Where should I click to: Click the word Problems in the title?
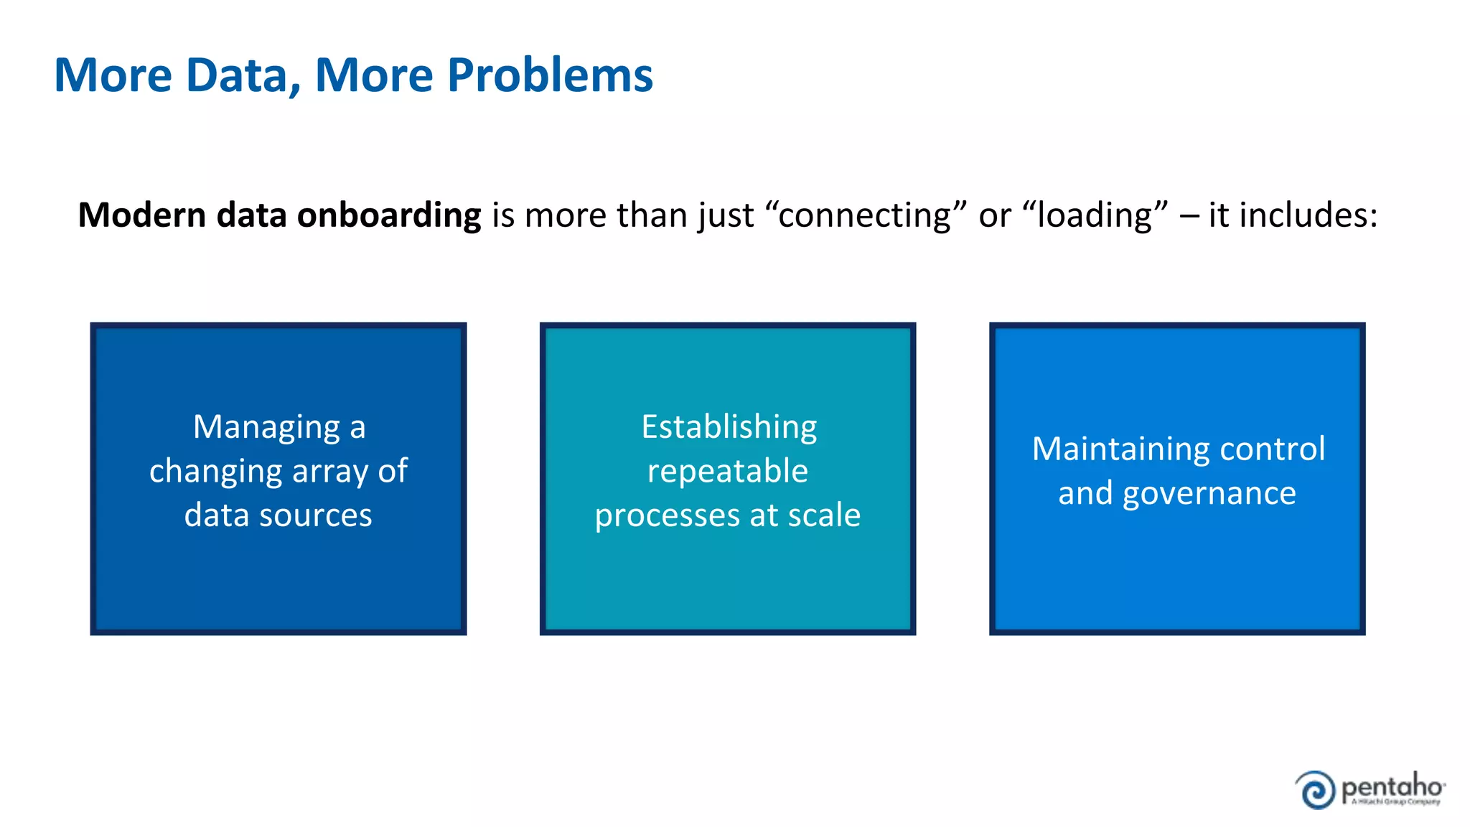pyautogui.click(x=550, y=75)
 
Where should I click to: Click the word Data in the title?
pyautogui.click(x=243, y=75)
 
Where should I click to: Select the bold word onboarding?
pyautogui.click(x=388, y=215)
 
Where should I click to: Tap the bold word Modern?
pyautogui.click(x=142, y=215)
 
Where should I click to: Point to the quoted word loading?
pyautogui.click(x=1094, y=215)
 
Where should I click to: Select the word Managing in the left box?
pyautogui.click(x=267, y=428)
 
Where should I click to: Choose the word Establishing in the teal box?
pyautogui.click(x=729, y=428)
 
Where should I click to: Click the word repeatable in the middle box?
pyautogui.click(x=727, y=472)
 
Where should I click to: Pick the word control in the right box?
pyautogui.click(x=1272, y=449)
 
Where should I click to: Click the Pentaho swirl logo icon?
pyautogui.click(x=1316, y=790)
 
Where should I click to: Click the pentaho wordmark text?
pyautogui.click(x=1392, y=787)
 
